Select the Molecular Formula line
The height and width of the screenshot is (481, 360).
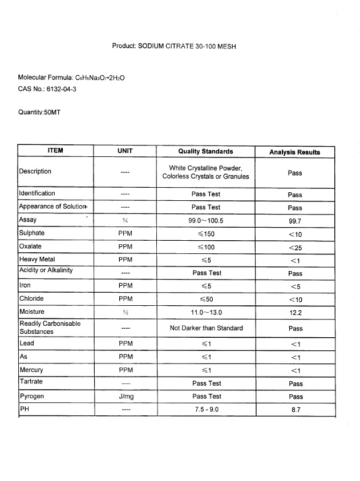point(71,77)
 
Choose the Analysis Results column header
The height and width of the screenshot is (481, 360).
point(294,152)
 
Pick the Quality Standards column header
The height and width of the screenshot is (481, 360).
point(205,151)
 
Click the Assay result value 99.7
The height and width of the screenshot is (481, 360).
point(295,221)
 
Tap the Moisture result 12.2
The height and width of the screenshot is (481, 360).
point(295,313)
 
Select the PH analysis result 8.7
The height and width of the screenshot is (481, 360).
point(295,410)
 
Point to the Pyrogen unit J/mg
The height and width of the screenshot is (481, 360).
point(125,396)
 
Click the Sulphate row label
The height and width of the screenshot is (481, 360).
point(32,233)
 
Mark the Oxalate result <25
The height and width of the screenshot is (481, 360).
point(295,247)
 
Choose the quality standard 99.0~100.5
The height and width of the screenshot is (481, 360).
point(206,220)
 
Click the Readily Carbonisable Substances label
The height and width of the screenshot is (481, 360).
point(50,328)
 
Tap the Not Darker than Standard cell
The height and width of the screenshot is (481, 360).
point(206,328)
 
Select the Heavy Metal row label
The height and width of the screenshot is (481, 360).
point(37,259)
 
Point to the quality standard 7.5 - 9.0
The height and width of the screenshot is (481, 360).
point(206,410)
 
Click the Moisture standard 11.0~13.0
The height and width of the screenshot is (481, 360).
point(206,312)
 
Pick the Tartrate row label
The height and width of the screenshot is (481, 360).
point(31,381)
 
